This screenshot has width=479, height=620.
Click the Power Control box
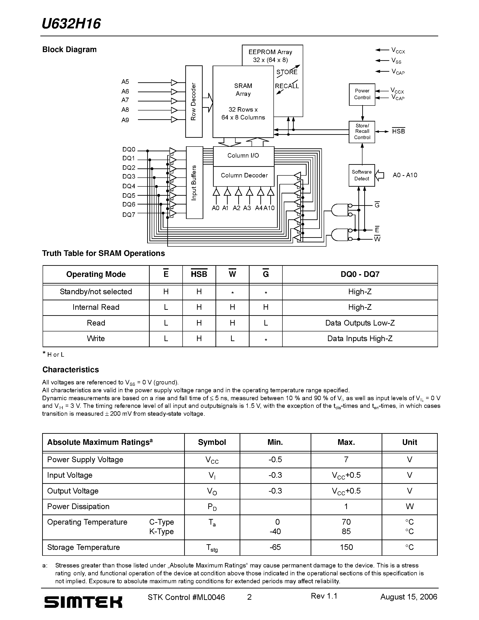(362, 94)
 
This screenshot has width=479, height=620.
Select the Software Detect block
(362, 175)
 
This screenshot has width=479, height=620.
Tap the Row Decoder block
(194, 101)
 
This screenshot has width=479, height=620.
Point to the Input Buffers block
(194, 183)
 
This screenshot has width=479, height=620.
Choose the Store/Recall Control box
(362, 132)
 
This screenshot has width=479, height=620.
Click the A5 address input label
(125, 82)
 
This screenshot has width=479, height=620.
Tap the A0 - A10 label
(405, 175)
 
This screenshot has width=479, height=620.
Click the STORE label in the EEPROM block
(287, 72)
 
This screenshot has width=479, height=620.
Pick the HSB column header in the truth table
(199, 274)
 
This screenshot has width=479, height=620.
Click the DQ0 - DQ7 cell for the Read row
(360, 323)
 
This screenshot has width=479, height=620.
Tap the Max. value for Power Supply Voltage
(346, 460)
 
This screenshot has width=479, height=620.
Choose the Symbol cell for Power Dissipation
(212, 507)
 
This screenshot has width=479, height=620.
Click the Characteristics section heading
(71, 370)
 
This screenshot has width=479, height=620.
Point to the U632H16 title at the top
(71, 24)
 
